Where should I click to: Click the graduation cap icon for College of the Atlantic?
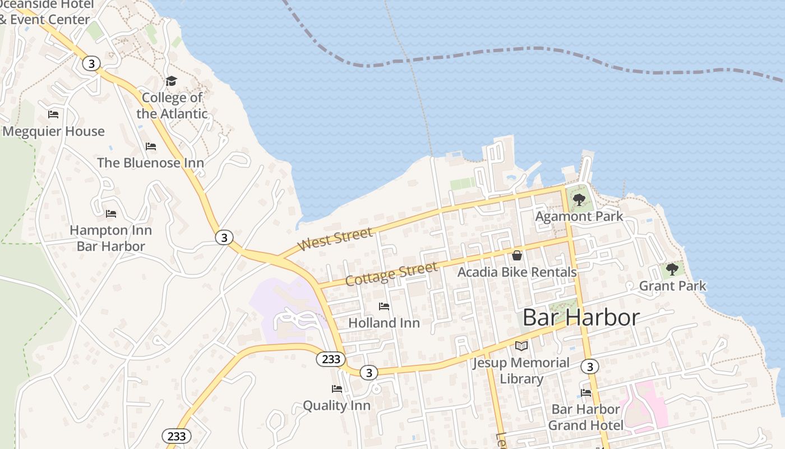click(171, 81)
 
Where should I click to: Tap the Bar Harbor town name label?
click(580, 318)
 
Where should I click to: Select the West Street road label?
click(335, 240)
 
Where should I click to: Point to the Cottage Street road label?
click(391, 274)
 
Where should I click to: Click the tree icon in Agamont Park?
click(579, 199)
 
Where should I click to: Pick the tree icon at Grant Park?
click(672, 269)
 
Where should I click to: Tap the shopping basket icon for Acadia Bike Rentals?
click(517, 255)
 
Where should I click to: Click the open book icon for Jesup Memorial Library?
click(521, 346)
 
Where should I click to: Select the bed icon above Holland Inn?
click(384, 306)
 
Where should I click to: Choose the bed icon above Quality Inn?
click(337, 388)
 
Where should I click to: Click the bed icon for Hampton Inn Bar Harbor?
click(111, 214)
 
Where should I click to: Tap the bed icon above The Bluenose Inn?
click(151, 146)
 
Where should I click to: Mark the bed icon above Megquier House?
click(53, 114)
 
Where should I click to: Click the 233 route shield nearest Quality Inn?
click(331, 359)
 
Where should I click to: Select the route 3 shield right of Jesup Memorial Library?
click(589, 367)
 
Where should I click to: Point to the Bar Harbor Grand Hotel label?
click(585, 418)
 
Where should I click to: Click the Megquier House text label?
click(54, 131)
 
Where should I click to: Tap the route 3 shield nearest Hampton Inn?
click(224, 237)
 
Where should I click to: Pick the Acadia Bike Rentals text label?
click(517, 272)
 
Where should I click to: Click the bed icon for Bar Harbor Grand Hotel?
click(586, 393)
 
